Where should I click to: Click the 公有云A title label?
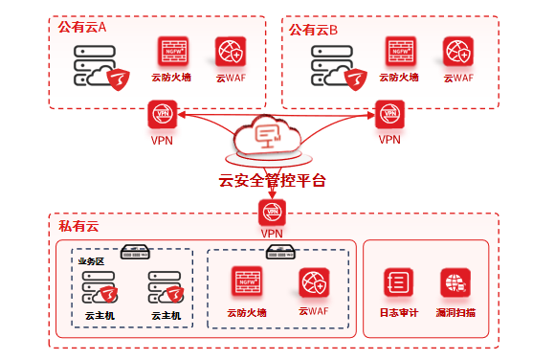coord(82,27)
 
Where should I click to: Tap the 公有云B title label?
coord(313,30)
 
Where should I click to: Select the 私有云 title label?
coord(78,226)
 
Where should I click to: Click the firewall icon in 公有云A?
coord(173,52)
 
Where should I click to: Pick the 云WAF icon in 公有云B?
coord(458,52)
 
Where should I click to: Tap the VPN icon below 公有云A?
coord(163,114)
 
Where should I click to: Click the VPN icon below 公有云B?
coord(389,114)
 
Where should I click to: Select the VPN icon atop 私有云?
coord(272,213)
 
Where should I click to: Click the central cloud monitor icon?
coord(268,136)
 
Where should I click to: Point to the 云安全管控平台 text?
coord(272,181)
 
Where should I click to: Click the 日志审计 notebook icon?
coord(399,282)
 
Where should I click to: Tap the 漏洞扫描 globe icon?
coord(455,282)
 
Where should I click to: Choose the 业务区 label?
coord(91,261)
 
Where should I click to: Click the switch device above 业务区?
coord(135,252)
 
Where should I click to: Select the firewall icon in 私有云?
coord(247,281)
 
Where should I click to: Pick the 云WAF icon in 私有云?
coord(314,282)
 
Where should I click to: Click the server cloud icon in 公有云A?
coord(101,67)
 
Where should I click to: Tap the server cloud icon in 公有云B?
coord(339,67)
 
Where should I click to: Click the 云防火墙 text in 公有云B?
coord(399,78)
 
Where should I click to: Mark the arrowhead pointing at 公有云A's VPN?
coord(182,115)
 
